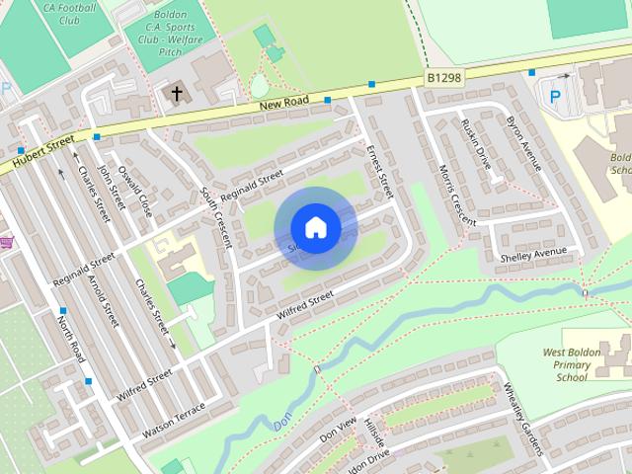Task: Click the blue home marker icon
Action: (315, 228)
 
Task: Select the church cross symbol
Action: (177, 94)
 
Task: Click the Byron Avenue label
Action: (523, 144)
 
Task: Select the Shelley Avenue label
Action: (534, 254)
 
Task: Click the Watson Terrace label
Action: (174, 421)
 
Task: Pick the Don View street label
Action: (338, 430)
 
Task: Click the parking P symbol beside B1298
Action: (554, 97)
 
